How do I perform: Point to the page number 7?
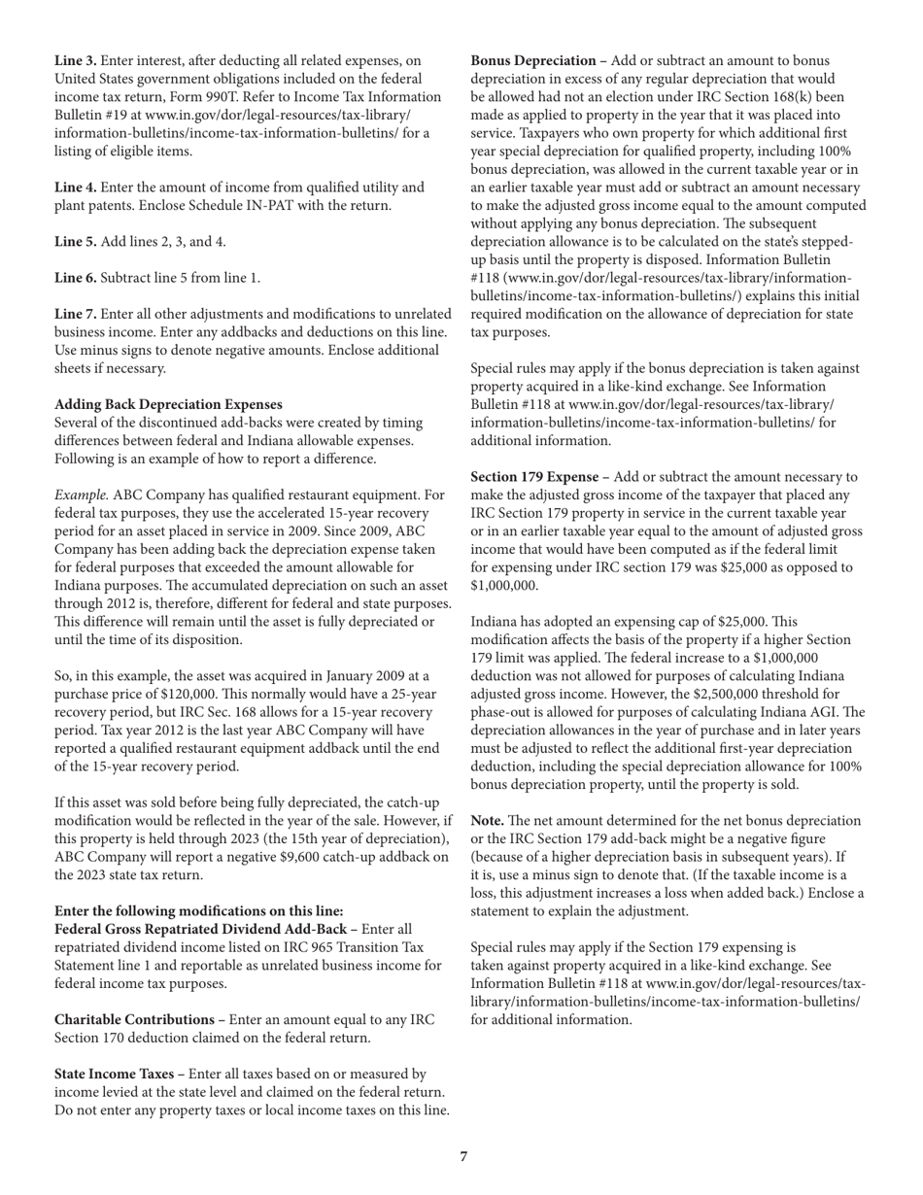click(463, 1156)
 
